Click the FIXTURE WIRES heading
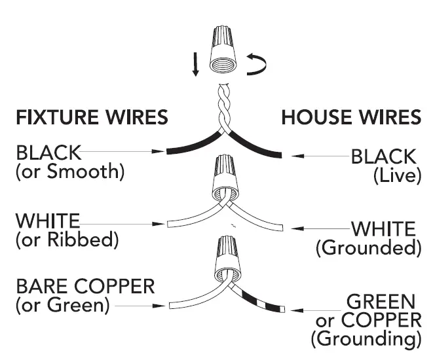[x=92, y=118]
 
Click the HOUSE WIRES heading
[x=350, y=118]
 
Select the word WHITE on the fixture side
[x=47, y=221]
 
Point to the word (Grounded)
[x=368, y=247]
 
